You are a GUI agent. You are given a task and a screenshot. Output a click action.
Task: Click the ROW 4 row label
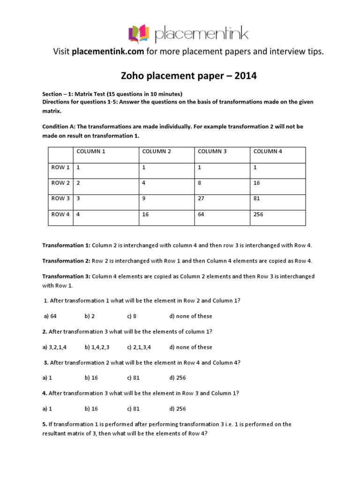[x=60, y=214]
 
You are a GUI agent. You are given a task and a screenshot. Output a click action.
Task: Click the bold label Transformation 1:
[x=66, y=245]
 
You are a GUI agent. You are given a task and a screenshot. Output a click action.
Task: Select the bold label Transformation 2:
[x=66, y=261]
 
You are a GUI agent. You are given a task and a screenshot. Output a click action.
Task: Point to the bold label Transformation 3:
[x=66, y=276]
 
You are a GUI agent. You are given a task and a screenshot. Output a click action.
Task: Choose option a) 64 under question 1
[x=50, y=316]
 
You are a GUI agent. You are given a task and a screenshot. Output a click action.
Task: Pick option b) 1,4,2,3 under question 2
[x=97, y=347]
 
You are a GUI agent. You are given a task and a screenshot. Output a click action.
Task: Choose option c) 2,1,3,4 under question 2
[x=139, y=347]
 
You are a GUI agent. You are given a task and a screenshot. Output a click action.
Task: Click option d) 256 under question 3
[x=178, y=378]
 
